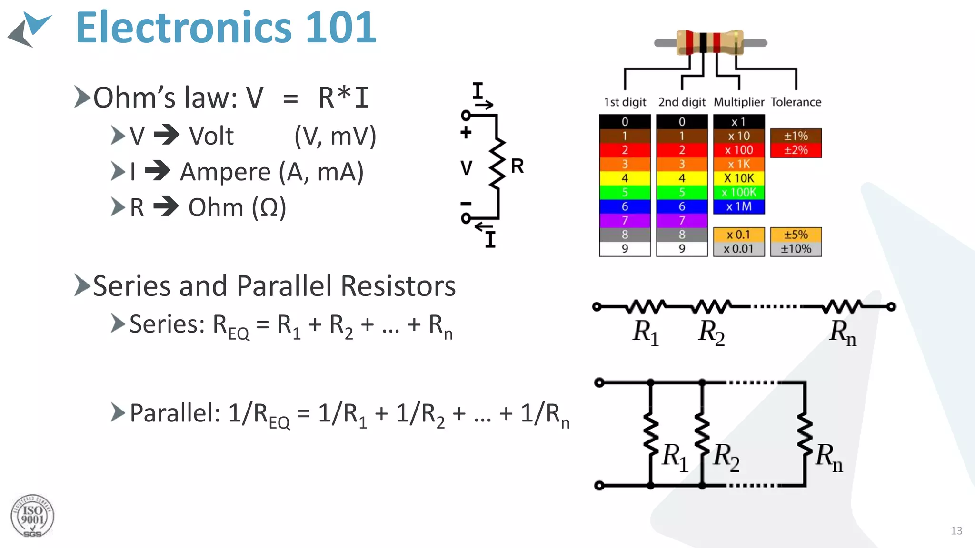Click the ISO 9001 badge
(x=32, y=516)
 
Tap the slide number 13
(x=956, y=531)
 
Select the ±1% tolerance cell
(x=796, y=136)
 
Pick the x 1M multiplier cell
(x=738, y=207)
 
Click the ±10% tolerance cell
(x=796, y=249)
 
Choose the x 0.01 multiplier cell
(x=738, y=249)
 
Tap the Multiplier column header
(x=738, y=102)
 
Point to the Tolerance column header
(x=796, y=102)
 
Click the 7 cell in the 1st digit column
(x=625, y=221)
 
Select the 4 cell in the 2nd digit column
(x=682, y=178)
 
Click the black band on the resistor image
(x=703, y=43)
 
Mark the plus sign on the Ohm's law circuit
(x=466, y=133)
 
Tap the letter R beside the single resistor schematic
(x=517, y=166)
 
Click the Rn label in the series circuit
(x=842, y=332)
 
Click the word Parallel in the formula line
(x=174, y=413)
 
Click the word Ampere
(x=225, y=172)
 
